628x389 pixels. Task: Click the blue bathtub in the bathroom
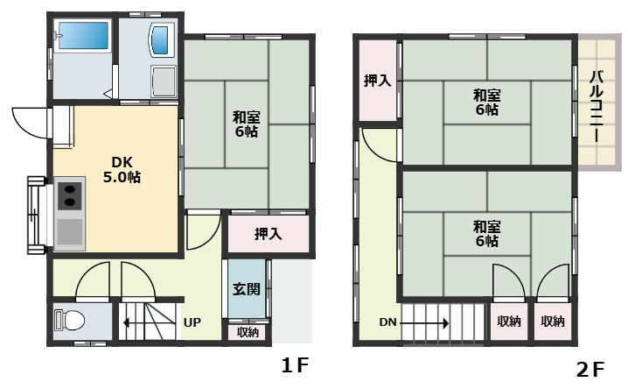pyautogui.click(x=84, y=36)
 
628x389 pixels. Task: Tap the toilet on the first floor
pyautogui.click(x=70, y=321)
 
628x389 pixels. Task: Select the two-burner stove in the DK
pyautogui.click(x=71, y=195)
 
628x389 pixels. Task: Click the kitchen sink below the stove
pyautogui.click(x=70, y=232)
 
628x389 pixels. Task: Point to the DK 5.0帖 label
pyautogui.click(x=122, y=170)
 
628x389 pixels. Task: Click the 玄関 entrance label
pyautogui.click(x=247, y=289)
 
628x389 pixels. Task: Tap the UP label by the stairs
pyautogui.click(x=192, y=322)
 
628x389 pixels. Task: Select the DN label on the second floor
pyautogui.click(x=387, y=322)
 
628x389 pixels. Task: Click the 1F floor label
pyautogui.click(x=296, y=365)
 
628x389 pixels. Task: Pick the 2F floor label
pyautogui.click(x=590, y=370)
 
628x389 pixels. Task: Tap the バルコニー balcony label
pyautogui.click(x=597, y=106)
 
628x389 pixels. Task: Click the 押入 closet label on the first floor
pyautogui.click(x=268, y=233)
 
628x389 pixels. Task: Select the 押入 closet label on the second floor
pyautogui.click(x=377, y=81)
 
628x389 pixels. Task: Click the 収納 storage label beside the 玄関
pyautogui.click(x=248, y=332)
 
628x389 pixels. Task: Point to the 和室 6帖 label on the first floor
pyautogui.click(x=247, y=124)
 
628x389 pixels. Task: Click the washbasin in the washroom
pyautogui.click(x=164, y=39)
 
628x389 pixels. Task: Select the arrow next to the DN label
pyautogui.click(x=424, y=322)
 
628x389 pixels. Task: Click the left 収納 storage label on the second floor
pyautogui.click(x=509, y=322)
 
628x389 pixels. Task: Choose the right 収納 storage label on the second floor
pyautogui.click(x=553, y=322)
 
